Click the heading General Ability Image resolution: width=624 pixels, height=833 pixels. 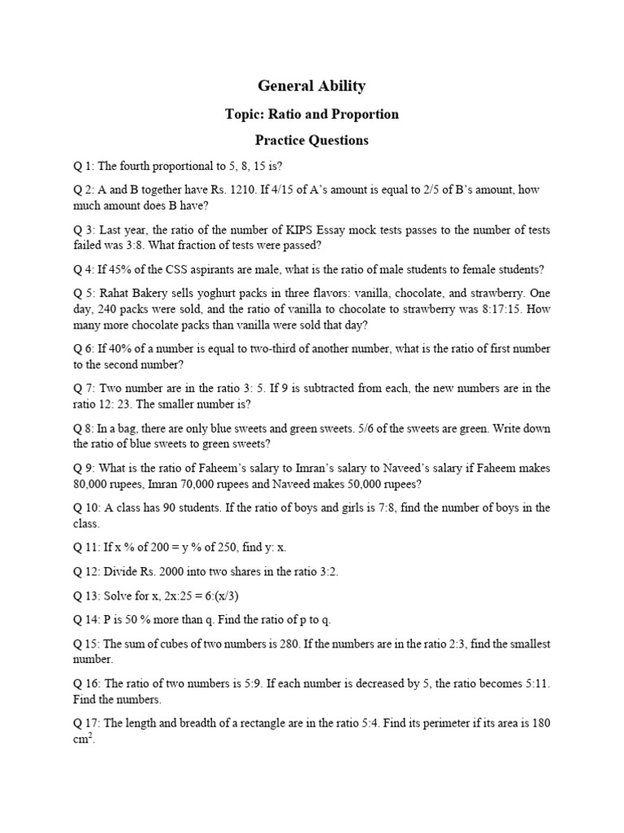tap(311, 85)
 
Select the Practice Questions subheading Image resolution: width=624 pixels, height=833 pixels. tap(311, 140)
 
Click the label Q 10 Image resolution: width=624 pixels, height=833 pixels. tap(86, 508)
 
